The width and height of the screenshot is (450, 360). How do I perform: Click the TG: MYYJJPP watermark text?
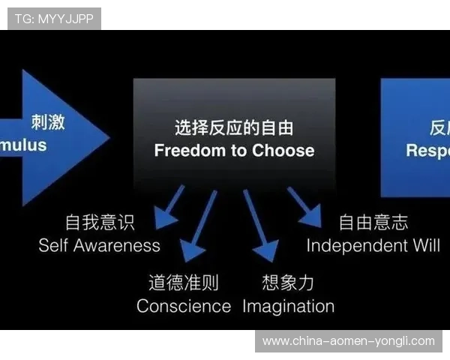click(54, 18)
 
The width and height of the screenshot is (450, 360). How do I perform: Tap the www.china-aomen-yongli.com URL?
click(348, 341)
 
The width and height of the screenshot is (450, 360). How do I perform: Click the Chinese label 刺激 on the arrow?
click(48, 122)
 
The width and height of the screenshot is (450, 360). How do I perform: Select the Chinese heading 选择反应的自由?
click(234, 127)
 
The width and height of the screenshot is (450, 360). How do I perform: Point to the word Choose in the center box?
click(283, 150)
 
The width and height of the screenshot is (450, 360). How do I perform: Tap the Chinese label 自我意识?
click(100, 222)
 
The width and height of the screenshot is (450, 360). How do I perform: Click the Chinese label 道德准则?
click(184, 283)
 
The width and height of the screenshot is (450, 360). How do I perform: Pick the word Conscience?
click(184, 306)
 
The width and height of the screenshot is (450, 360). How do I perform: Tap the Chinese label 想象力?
click(288, 283)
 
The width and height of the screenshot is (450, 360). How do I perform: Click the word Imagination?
click(288, 306)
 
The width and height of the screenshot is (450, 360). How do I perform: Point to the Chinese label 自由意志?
click(373, 222)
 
